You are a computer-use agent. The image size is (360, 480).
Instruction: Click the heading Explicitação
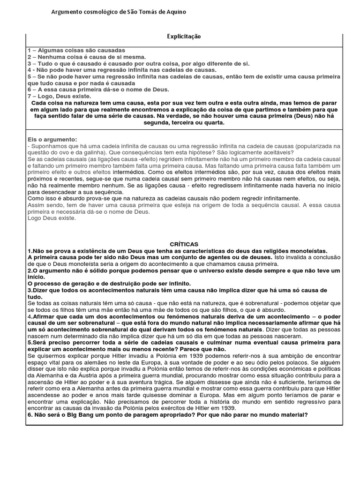(x=184, y=37)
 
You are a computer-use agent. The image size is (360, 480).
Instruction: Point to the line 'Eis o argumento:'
(x=52, y=140)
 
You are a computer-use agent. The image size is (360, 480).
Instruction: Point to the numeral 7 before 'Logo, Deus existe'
(x=30, y=96)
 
